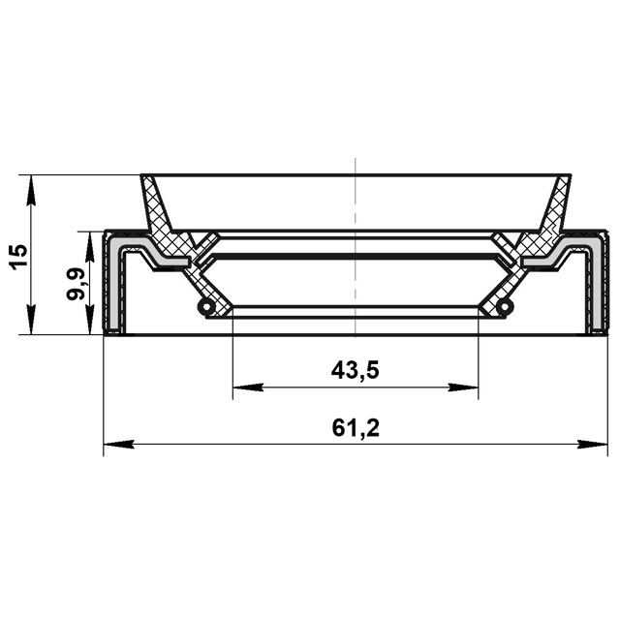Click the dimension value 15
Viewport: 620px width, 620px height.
click(19, 257)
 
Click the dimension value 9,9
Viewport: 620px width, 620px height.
click(76, 284)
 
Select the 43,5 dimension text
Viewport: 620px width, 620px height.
click(356, 370)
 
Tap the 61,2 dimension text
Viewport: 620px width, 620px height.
click(356, 428)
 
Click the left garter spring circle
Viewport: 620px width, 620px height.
click(206, 306)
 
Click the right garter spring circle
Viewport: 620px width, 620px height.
click(505, 306)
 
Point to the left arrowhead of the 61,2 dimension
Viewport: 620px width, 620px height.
click(118, 444)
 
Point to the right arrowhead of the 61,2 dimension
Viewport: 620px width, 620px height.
click(593, 444)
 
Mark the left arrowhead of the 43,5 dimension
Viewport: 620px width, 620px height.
click(248, 387)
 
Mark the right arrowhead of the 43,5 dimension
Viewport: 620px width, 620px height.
click(463, 387)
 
